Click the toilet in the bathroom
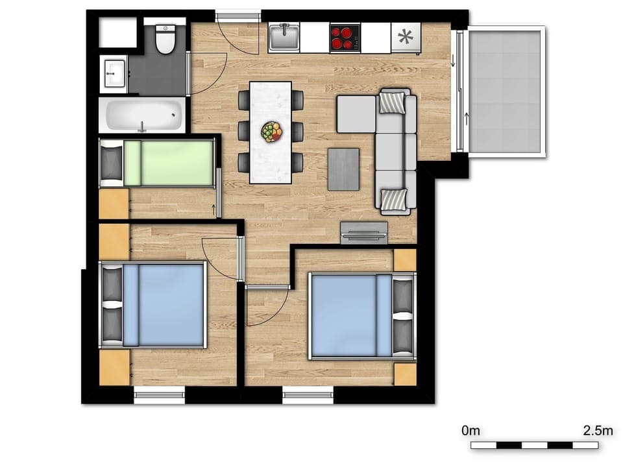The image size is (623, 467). (x=166, y=40)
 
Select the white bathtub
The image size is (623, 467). (x=142, y=115)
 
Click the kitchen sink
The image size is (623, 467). (x=284, y=38)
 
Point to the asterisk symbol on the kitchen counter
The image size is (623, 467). (x=406, y=38)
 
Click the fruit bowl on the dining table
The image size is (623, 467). (x=272, y=132)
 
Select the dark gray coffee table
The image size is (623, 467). (x=343, y=169)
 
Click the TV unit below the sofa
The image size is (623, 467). (x=365, y=232)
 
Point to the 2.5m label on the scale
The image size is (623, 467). (x=598, y=430)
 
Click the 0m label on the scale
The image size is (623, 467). (x=470, y=430)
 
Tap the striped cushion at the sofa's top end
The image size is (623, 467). (x=391, y=102)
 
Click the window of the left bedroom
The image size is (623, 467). (x=159, y=395)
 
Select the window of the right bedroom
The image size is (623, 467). (x=308, y=395)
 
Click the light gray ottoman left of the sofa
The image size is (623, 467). (x=356, y=114)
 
